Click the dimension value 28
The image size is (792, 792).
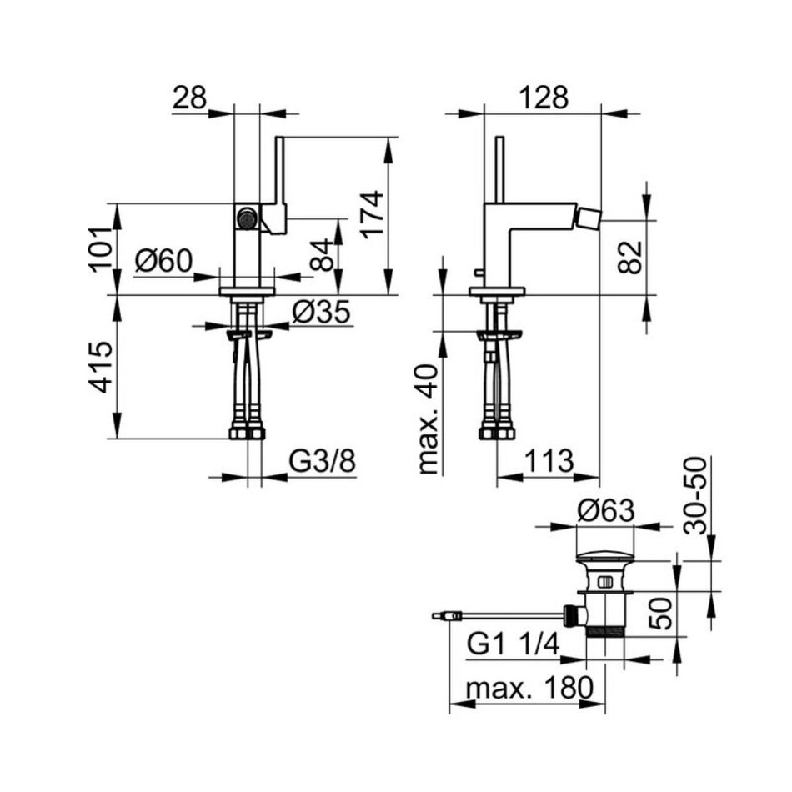pos(190,98)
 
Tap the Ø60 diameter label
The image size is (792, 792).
pos(163,262)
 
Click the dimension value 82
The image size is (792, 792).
pos(630,258)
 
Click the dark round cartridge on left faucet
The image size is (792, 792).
pos(246,218)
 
